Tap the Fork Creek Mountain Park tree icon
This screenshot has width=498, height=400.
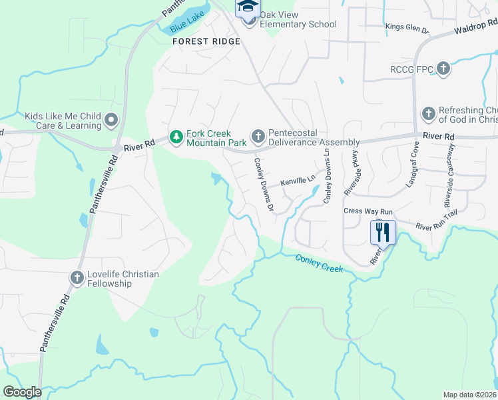click(x=176, y=137)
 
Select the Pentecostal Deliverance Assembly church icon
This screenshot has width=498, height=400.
click(x=258, y=137)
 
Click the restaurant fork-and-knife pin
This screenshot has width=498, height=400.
click(x=383, y=233)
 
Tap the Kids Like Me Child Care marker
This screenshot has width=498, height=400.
click(x=111, y=121)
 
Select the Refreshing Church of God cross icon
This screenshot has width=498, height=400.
click(x=429, y=114)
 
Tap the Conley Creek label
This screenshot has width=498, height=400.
click(x=320, y=263)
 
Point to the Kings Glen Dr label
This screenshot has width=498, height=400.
click(x=407, y=27)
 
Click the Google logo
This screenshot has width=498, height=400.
click(x=23, y=392)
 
